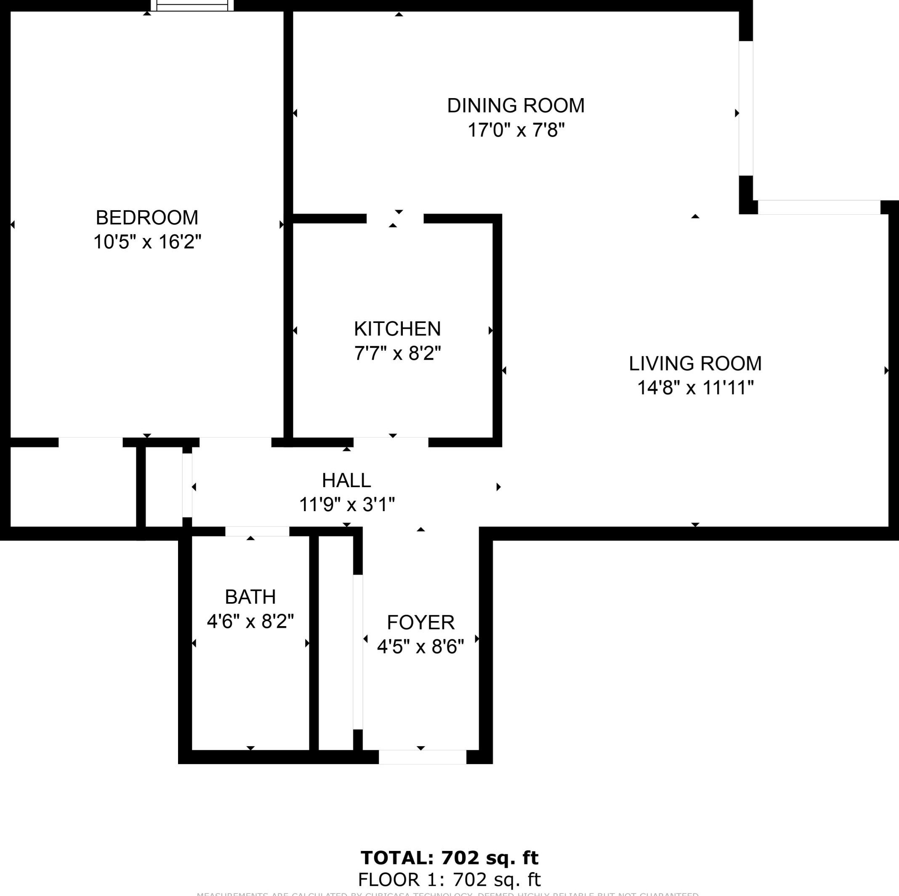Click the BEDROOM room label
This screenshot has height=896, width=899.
[147, 218]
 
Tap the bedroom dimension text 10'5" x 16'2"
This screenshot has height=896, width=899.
[147, 242]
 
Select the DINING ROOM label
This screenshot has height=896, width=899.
[516, 106]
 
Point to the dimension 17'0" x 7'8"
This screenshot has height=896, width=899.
[516, 131]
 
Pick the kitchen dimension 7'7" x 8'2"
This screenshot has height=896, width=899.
[397, 354]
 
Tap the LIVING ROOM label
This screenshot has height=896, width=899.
[695, 363]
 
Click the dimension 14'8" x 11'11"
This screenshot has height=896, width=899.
[695, 388]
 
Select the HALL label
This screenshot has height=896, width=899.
[346, 480]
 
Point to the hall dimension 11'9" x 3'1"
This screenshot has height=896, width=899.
[346, 504]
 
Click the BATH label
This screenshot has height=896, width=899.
[250, 597]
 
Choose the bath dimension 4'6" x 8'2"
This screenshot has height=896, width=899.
[250, 621]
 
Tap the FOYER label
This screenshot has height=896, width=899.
[420, 622]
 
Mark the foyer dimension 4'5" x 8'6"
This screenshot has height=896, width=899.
[420, 647]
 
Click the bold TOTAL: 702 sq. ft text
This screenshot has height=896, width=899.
[449, 857]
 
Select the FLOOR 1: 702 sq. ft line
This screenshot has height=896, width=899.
[449, 880]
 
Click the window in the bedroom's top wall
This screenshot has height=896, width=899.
[192, 5]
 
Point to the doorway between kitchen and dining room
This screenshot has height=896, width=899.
[395, 219]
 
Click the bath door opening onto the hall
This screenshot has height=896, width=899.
[257, 531]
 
